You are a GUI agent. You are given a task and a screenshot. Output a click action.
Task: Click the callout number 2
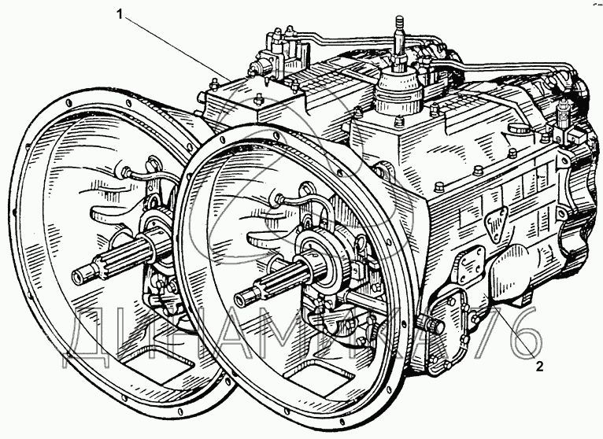point(538,365)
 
